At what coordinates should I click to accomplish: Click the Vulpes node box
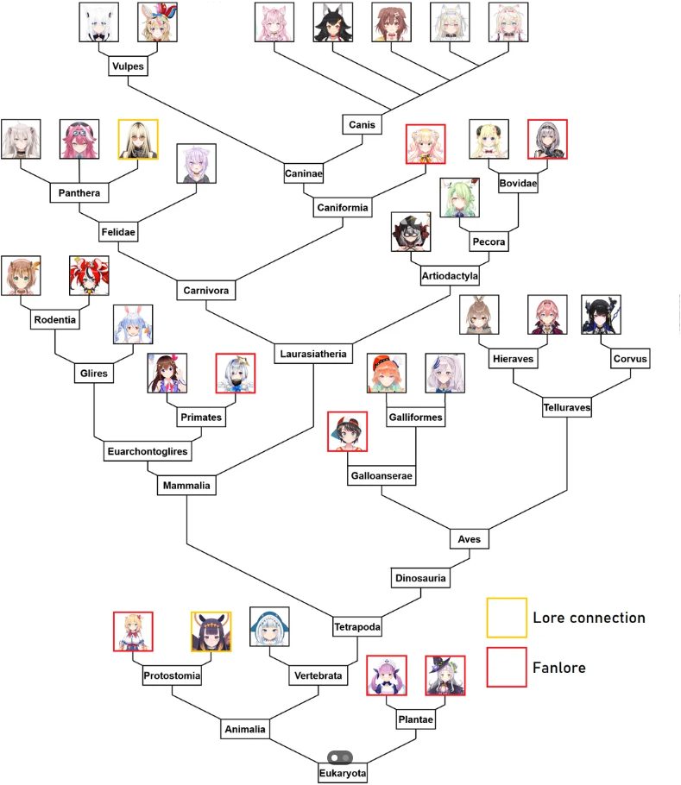[128, 66]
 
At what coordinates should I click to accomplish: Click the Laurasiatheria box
[313, 354]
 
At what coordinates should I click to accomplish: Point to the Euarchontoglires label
[147, 451]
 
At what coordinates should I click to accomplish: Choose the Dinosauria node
[420, 578]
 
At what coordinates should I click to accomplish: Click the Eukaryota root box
[343, 774]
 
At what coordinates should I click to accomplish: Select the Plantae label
[415, 719]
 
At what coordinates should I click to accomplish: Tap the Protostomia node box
[172, 676]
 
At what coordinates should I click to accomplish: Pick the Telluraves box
[567, 406]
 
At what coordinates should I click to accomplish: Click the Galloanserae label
[381, 475]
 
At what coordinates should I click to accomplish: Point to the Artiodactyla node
[450, 276]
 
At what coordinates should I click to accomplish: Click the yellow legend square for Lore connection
[507, 618]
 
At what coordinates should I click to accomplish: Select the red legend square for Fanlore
[507, 667]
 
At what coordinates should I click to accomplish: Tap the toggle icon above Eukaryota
[343, 757]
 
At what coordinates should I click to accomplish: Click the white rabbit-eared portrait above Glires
[133, 324]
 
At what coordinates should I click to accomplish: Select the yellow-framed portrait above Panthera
[138, 140]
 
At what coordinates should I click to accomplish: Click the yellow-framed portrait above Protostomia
[211, 631]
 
